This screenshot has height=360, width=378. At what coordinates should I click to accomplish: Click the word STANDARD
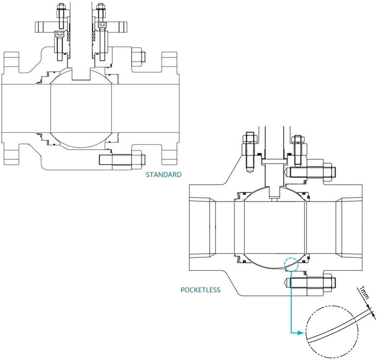coord(163,174)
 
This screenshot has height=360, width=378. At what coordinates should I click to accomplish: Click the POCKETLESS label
coord(200,290)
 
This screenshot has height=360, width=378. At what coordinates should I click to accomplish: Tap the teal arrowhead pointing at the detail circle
coord(299,333)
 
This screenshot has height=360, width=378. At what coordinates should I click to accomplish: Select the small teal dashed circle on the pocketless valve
coord(291,263)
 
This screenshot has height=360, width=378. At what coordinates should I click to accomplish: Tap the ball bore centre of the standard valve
coord(81,108)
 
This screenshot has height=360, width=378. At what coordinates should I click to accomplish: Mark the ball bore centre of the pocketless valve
coord(275,228)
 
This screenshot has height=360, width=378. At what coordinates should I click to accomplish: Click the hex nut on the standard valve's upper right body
coord(138,58)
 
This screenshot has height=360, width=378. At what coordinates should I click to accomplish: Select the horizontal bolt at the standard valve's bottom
coord(122,160)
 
